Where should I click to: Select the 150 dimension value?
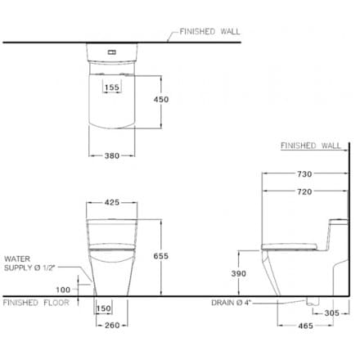(104, 308)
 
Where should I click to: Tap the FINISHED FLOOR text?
(38, 301)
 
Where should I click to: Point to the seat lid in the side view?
(288, 243)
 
